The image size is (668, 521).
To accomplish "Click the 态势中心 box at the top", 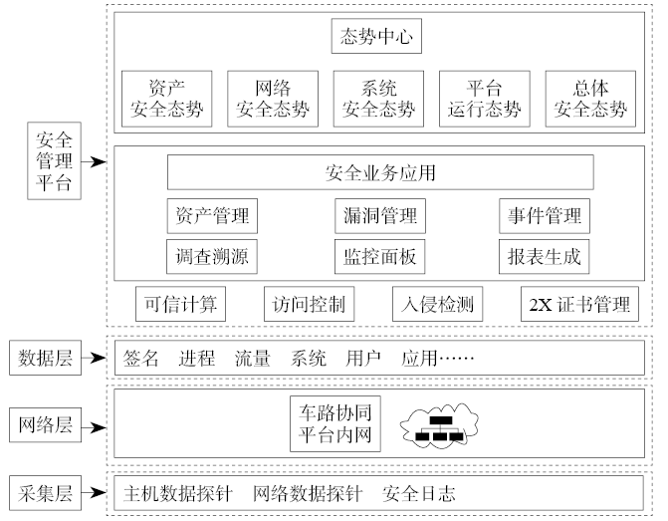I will [x=374, y=38].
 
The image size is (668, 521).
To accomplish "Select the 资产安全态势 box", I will [x=165, y=98].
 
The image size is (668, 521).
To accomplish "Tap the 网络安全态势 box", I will [x=272, y=98].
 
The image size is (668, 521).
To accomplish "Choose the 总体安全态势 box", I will [x=590, y=98].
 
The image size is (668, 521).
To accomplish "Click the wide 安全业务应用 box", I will [x=379, y=172].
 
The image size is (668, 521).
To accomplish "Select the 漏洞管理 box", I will [x=375, y=215].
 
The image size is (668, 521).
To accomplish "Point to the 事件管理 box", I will [x=541, y=215].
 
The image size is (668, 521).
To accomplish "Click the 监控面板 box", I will [x=375, y=257].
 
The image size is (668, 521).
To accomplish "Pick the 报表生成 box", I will [x=541, y=257].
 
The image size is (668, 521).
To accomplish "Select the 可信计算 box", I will [x=181, y=304].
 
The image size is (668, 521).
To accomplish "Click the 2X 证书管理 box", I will [x=577, y=304].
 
